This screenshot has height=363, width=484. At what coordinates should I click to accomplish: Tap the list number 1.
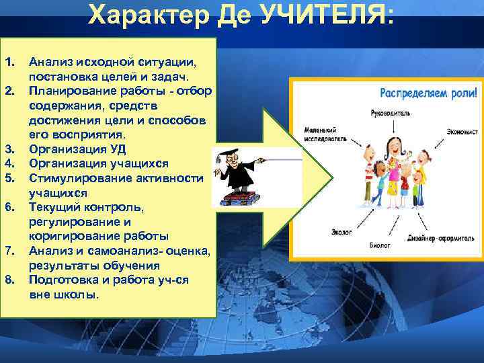pyautogui.click(x=9, y=62)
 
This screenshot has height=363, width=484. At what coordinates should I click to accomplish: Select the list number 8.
pyautogui.click(x=9, y=280)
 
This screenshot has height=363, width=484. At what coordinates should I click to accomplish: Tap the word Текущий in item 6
pyautogui.click(x=51, y=207)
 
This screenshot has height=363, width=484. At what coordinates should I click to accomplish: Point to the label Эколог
pyautogui.click(x=341, y=232)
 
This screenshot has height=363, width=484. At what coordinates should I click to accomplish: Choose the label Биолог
pyautogui.click(x=379, y=246)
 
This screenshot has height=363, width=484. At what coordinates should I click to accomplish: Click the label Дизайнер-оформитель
pyautogui.click(x=442, y=238)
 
